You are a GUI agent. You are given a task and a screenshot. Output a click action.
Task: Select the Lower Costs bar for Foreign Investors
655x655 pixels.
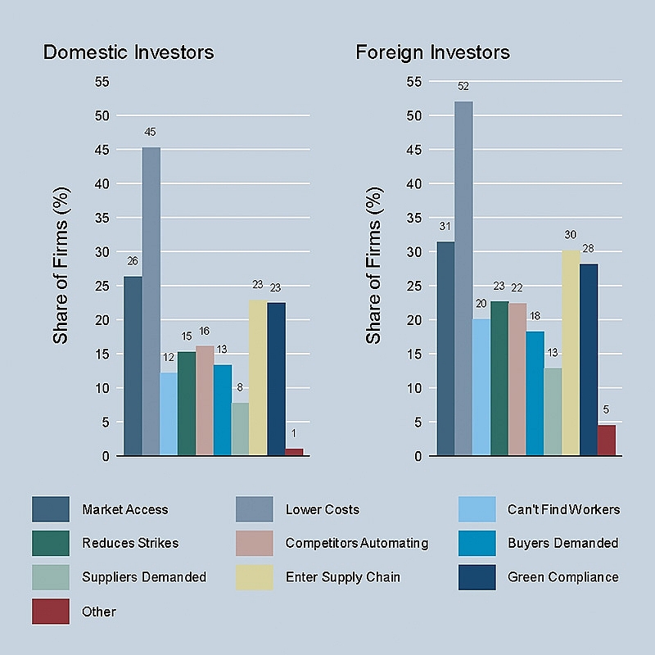pyautogui.click(x=463, y=278)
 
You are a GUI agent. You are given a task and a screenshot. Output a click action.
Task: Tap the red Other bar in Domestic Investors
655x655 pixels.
pyautogui.click(x=294, y=452)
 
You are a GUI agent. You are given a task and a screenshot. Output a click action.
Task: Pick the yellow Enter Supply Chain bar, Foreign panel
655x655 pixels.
pyautogui.click(x=571, y=353)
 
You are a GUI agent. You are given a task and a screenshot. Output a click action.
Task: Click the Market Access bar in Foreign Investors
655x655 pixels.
pyautogui.click(x=445, y=349)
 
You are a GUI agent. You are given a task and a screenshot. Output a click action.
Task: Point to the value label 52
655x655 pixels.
pyautogui.click(x=463, y=86)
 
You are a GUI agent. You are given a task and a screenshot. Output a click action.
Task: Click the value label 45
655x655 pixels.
pyautogui.click(x=151, y=132)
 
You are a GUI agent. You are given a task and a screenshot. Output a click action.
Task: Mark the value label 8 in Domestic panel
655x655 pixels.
pyautogui.click(x=240, y=387)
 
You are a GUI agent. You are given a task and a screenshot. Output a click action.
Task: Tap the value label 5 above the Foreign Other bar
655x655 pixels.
pyautogui.click(x=606, y=409)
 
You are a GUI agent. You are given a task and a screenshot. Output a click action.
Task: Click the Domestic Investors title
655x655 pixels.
pyautogui.click(x=129, y=52)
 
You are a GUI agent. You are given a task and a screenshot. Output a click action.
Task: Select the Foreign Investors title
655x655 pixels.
pyautogui.click(x=432, y=52)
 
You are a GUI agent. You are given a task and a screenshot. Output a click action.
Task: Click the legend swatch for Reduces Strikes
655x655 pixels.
pyautogui.click(x=51, y=543)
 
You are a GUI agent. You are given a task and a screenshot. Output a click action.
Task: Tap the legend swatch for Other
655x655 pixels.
pyautogui.click(x=51, y=612)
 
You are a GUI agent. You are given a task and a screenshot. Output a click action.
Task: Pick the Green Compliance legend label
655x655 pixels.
pyautogui.click(x=562, y=577)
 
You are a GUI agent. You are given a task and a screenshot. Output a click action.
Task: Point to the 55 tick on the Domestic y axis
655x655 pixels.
pyautogui.click(x=102, y=81)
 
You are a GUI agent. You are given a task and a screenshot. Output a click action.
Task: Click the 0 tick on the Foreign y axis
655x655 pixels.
pyautogui.click(x=418, y=456)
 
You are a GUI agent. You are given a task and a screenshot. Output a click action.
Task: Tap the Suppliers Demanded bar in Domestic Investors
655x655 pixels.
pyautogui.click(x=240, y=429)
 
